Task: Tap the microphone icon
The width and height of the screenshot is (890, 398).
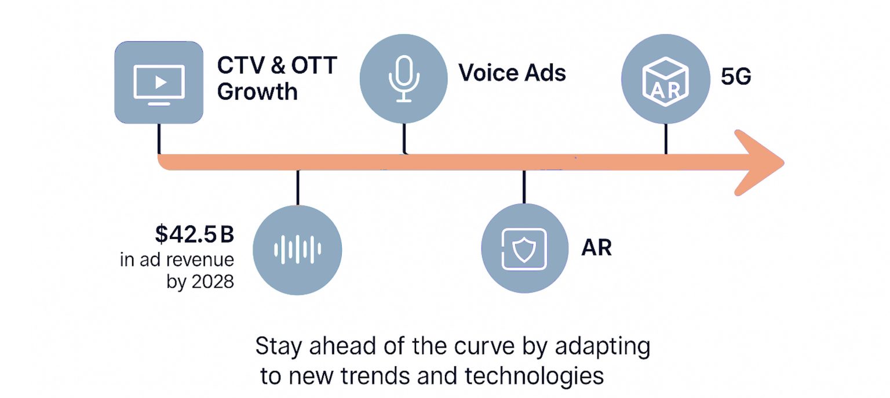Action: (404, 79)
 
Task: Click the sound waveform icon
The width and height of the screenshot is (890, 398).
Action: (298, 249)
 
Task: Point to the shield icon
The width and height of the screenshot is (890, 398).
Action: (524, 249)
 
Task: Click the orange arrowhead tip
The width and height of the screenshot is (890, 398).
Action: (783, 162)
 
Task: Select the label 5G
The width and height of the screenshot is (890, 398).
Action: (736, 77)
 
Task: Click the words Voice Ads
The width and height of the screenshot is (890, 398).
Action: (512, 73)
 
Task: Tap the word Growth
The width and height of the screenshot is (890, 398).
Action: (257, 92)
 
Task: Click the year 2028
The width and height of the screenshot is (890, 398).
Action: (213, 282)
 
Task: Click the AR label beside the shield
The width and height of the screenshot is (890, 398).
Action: (596, 248)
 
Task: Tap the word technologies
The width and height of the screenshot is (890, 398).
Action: (534, 376)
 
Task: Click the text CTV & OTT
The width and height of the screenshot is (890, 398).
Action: (277, 66)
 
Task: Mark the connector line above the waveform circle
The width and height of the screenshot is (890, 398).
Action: (298, 187)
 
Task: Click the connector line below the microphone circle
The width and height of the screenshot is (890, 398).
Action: (404, 139)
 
